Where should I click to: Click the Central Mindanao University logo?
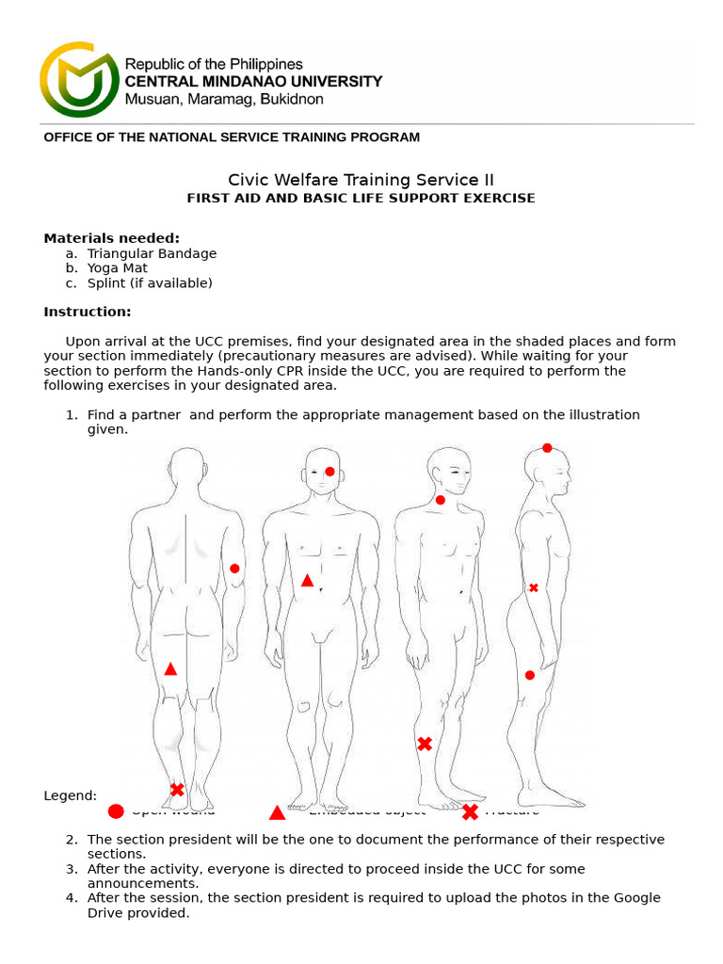point(79,79)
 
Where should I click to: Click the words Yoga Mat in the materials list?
point(117,268)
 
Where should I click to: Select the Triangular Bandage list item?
point(152,253)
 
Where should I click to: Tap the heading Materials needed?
point(111,238)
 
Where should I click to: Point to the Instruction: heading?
point(88,312)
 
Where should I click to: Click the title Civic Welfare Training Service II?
point(361,180)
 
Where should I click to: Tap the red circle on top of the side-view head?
point(547,448)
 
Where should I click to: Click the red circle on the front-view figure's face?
point(329,472)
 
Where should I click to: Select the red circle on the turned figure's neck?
point(440,500)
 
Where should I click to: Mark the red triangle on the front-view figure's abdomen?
point(307,581)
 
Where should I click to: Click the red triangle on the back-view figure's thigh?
point(170,669)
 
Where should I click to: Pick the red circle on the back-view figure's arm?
point(234,569)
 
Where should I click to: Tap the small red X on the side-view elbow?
point(534,587)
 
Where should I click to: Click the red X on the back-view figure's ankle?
point(177,789)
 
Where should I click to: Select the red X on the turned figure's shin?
point(425,744)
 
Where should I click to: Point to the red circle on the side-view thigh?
point(530,675)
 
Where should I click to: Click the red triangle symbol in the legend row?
point(277,812)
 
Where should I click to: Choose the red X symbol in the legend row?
point(470,811)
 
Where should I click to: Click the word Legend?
point(70,795)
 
